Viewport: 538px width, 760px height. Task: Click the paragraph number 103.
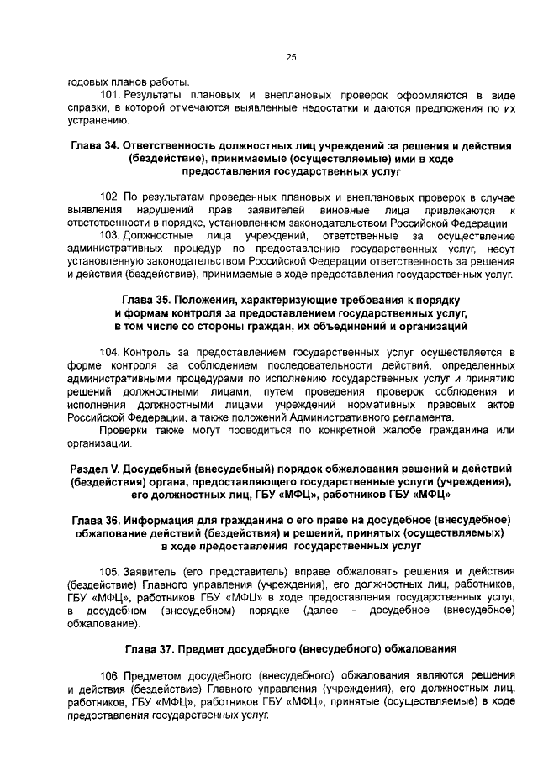point(110,236)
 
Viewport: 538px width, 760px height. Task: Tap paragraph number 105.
point(110,570)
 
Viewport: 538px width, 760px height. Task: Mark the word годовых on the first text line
point(87,82)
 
